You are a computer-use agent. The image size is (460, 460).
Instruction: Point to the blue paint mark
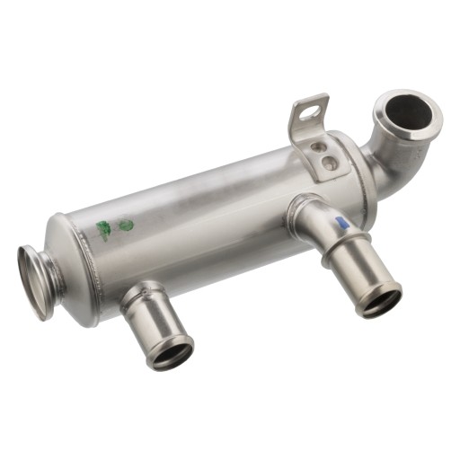(x=340, y=223)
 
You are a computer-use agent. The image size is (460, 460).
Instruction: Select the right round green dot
(x=127, y=226)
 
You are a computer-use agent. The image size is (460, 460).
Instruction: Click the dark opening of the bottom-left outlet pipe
(x=171, y=353)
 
